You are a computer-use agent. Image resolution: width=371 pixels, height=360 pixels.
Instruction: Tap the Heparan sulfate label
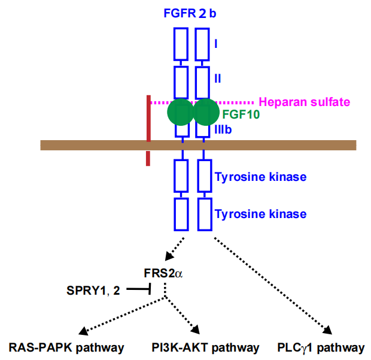click(x=304, y=102)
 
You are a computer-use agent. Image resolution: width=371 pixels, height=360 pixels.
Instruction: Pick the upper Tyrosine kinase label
click(x=260, y=177)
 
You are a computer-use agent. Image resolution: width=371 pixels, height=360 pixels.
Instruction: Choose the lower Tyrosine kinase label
click(x=260, y=214)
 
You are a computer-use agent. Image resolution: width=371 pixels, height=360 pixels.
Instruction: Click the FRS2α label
click(x=163, y=273)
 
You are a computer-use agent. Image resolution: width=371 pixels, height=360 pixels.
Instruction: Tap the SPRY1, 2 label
click(x=95, y=291)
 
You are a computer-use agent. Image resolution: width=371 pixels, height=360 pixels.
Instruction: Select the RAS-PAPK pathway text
click(x=66, y=347)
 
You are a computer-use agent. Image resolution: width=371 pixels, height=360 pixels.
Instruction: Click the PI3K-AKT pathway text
click(x=206, y=347)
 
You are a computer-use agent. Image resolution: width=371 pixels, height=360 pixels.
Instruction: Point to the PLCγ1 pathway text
click(x=321, y=347)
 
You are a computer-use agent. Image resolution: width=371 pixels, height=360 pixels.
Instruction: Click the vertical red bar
click(x=148, y=129)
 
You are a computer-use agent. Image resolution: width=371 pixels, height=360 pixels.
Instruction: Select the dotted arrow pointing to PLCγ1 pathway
click(x=272, y=285)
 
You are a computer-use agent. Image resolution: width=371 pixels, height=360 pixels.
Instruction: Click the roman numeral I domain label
click(x=215, y=44)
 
